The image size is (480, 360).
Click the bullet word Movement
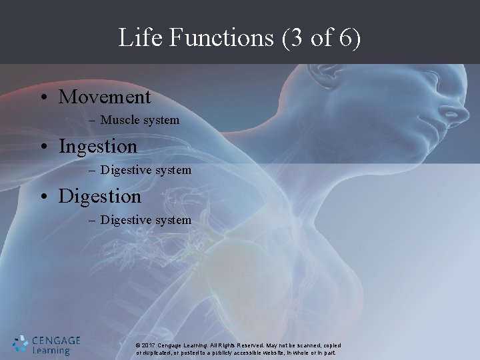[x=105, y=97]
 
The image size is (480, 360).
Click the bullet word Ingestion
[x=98, y=146]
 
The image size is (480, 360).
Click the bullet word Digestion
[x=100, y=196]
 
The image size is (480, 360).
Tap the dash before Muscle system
[x=91, y=121]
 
